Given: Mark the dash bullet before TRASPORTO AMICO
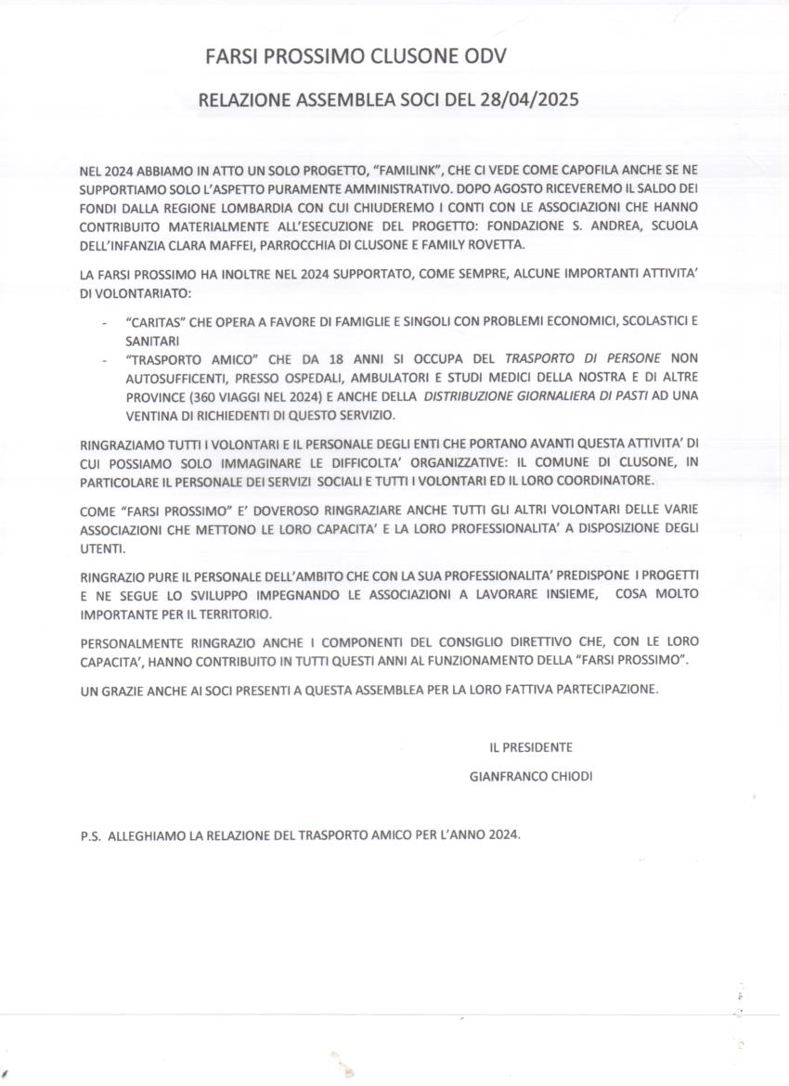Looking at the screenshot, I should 103,358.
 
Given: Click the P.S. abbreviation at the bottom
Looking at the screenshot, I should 91,835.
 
